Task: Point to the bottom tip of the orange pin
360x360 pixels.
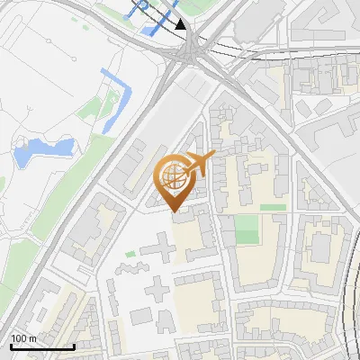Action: tap(175, 211)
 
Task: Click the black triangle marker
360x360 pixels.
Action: tap(181, 24)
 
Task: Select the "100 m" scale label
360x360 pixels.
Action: tap(23, 338)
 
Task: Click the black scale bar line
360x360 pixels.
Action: tap(41, 346)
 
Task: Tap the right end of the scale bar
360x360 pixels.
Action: tap(74, 346)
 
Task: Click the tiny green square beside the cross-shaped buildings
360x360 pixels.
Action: tap(130, 255)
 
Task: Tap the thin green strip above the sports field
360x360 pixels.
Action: tap(273, 207)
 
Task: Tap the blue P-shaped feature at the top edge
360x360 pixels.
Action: tap(141, 9)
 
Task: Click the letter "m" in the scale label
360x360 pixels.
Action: tap(32, 338)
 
